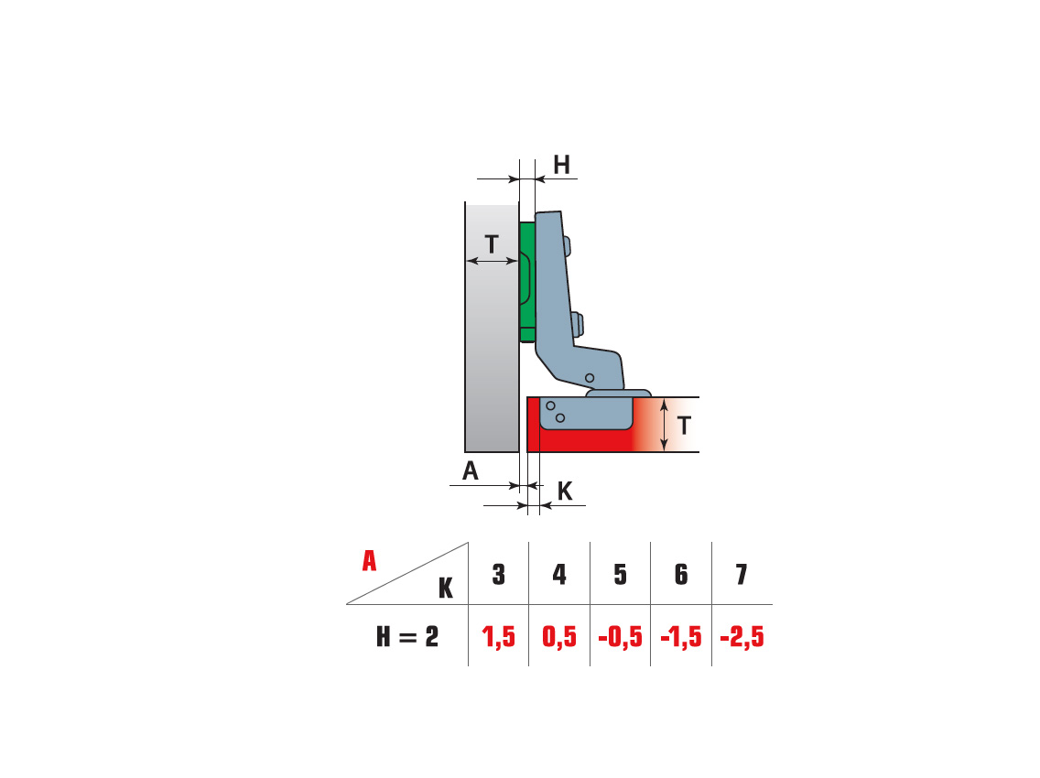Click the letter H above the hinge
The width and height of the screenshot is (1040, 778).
(561, 165)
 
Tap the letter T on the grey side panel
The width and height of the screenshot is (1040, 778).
(492, 244)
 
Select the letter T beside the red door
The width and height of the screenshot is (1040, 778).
(684, 425)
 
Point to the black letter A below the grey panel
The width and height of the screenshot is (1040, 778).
(471, 470)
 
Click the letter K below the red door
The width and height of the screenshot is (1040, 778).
(565, 492)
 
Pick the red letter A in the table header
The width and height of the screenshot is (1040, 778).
(370, 560)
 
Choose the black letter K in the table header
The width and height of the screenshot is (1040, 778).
(446, 588)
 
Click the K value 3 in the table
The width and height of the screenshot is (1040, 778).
(499, 575)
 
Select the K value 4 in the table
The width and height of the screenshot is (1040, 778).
(559, 575)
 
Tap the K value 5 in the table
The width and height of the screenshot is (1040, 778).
(620, 575)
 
